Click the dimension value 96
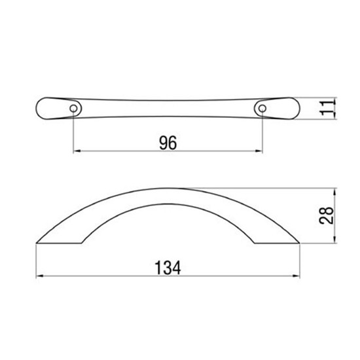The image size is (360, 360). (x=168, y=143)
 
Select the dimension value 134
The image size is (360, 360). (x=168, y=268)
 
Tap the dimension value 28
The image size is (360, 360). (x=326, y=215)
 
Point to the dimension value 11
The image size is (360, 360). (x=326, y=108)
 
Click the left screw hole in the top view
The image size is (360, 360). (x=73, y=109)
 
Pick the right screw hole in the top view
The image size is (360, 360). (x=262, y=109)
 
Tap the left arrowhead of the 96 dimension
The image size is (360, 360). (x=77, y=151)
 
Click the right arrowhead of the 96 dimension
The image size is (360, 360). (x=259, y=151)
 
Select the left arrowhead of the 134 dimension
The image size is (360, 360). (x=40, y=276)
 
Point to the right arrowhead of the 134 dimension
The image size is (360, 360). (x=296, y=276)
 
